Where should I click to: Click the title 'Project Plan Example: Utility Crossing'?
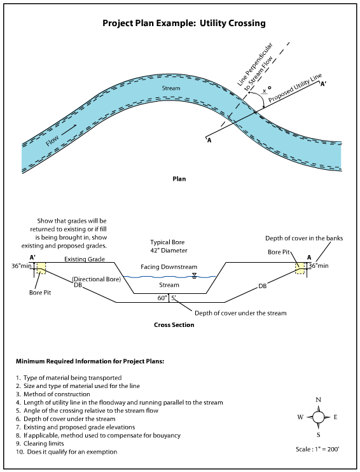tap(184, 24)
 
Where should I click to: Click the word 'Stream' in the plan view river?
tap(171, 88)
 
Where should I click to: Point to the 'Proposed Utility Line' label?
tap(294, 89)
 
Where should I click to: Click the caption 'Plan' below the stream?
tap(179, 179)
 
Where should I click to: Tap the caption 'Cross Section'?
tap(174, 325)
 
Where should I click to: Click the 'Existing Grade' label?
tap(85, 260)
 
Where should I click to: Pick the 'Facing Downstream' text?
tap(169, 267)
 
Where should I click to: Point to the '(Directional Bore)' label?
tap(92, 279)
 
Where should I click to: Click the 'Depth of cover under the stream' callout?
tap(240, 313)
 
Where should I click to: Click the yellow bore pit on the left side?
tap(41, 270)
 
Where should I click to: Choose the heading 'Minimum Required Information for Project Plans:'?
tap(90, 361)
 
